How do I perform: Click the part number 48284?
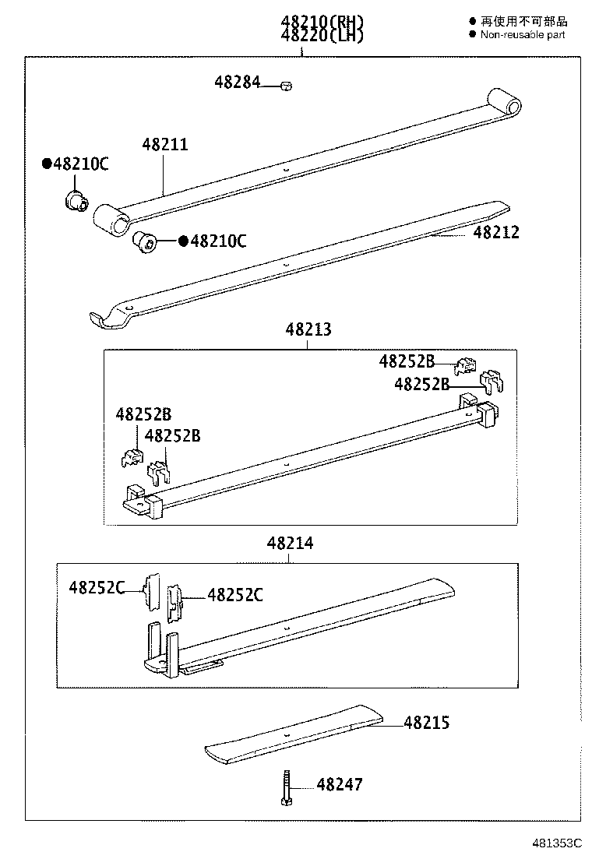(x=238, y=81)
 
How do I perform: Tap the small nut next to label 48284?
(x=286, y=86)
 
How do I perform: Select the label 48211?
(x=164, y=145)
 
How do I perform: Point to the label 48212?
(x=495, y=232)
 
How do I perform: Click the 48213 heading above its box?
(x=308, y=329)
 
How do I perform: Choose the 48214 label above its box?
(x=290, y=544)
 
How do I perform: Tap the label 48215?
(x=426, y=723)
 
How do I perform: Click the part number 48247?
(x=339, y=784)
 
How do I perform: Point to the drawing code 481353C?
(x=557, y=843)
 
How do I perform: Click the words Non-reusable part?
(x=522, y=35)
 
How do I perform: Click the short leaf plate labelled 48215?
(x=296, y=732)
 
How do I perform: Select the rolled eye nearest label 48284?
(x=503, y=103)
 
